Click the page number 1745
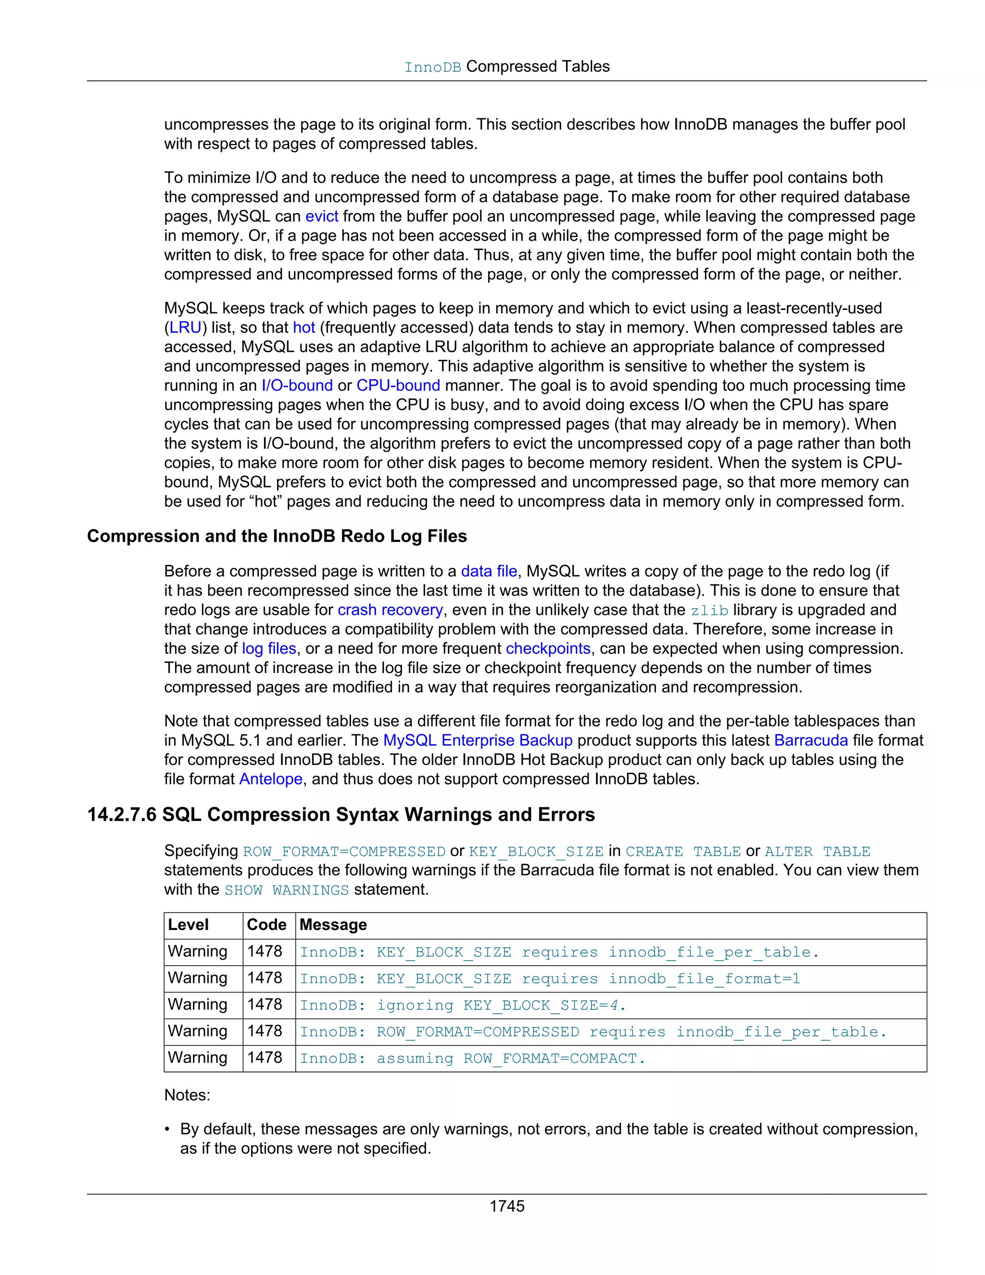pyautogui.click(x=506, y=1206)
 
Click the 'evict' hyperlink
pyautogui.click(x=322, y=216)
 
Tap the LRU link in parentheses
pyautogui.click(x=185, y=328)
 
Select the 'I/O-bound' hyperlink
pyautogui.click(x=297, y=385)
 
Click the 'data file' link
pyautogui.click(x=489, y=571)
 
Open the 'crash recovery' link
pyautogui.click(x=391, y=610)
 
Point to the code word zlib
pyautogui.click(x=709, y=611)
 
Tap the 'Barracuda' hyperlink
pyautogui.click(x=810, y=740)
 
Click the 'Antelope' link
pyautogui.click(x=271, y=779)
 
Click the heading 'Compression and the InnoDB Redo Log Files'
pyautogui.click(x=277, y=536)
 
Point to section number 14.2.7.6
pyautogui.click(x=121, y=815)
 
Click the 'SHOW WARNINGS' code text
pyautogui.click(x=287, y=890)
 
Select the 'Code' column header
pyautogui.click(x=266, y=925)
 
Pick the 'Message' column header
pyautogui.click(x=333, y=925)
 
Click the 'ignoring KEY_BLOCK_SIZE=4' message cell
pyautogui.click(x=463, y=1005)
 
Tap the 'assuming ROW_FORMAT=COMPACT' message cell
pyautogui.click(x=472, y=1058)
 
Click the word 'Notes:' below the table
pyautogui.click(x=187, y=1095)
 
